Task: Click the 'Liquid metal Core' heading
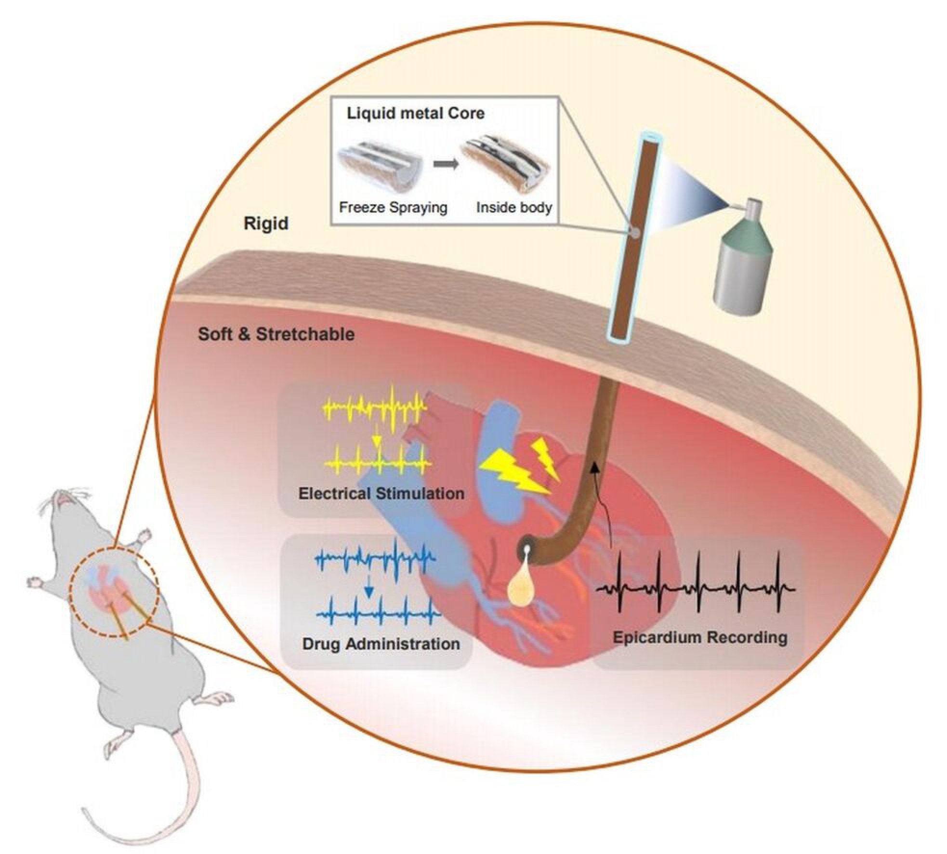pyautogui.click(x=415, y=114)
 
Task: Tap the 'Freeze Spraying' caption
pyautogui.click(x=393, y=208)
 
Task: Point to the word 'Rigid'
pyautogui.click(x=266, y=223)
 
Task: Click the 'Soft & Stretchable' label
pyautogui.click(x=276, y=334)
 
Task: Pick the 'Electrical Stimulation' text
pyautogui.click(x=381, y=493)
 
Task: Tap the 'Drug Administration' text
pyautogui.click(x=381, y=644)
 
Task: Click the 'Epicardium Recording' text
pyautogui.click(x=700, y=637)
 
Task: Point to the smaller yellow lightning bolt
pyautogui.click(x=546, y=458)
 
